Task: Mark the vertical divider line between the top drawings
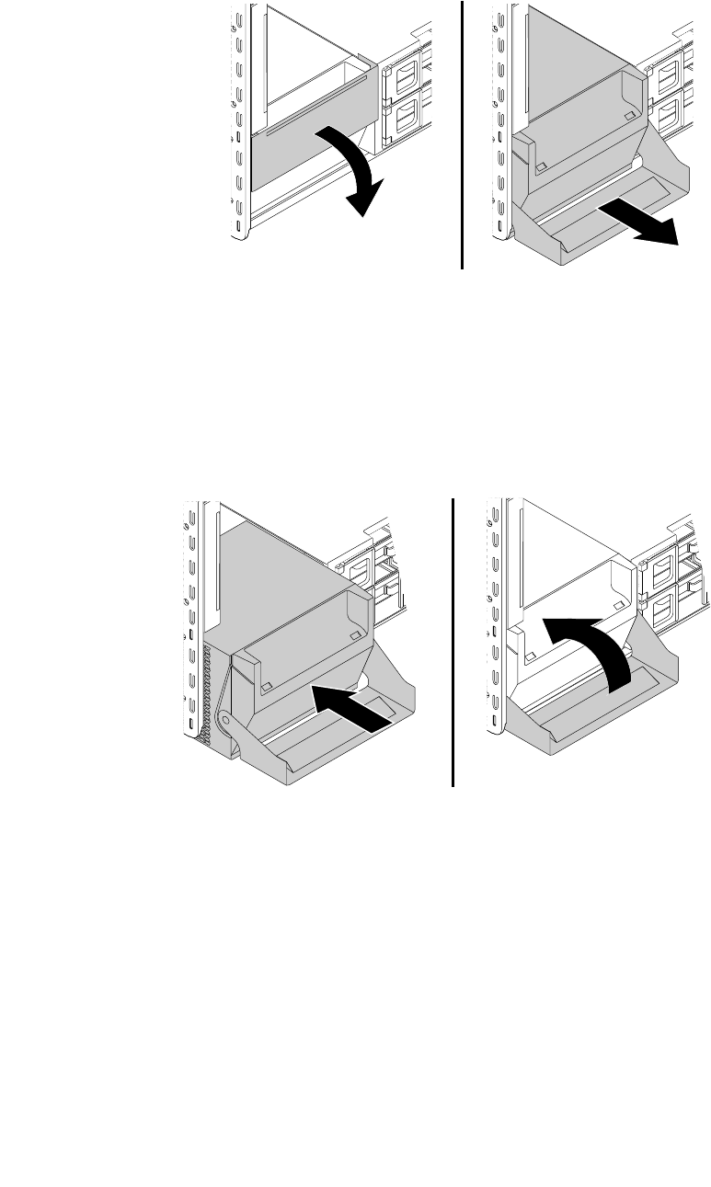click(x=462, y=133)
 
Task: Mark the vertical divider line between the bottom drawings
click(x=454, y=644)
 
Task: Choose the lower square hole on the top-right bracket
click(x=542, y=168)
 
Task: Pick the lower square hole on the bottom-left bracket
click(x=267, y=686)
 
